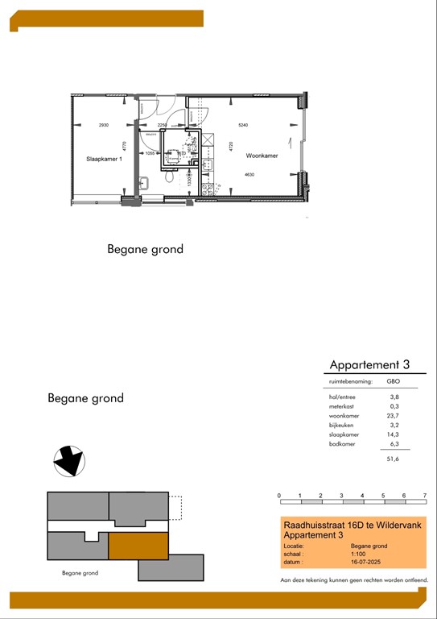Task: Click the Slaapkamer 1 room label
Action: point(104,159)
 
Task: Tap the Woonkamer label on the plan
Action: point(262,156)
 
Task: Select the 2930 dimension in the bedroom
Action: point(103,126)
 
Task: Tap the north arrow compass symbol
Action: point(68,462)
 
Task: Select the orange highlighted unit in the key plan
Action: point(138,546)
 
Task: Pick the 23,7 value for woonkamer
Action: point(394,416)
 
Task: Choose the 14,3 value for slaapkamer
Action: point(394,434)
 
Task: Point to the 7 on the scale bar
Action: point(424,495)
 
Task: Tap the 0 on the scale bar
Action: point(278,495)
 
